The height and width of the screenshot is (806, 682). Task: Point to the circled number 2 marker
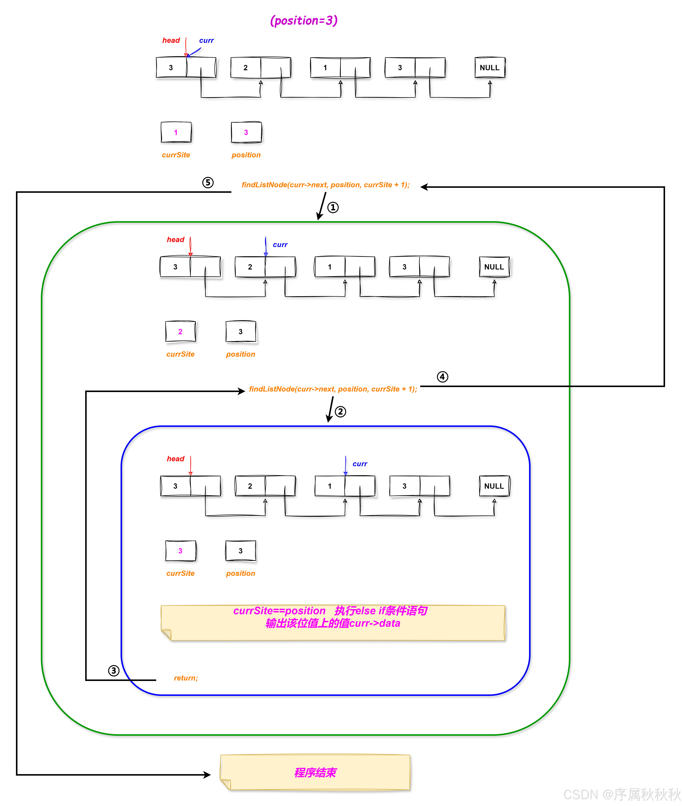340,412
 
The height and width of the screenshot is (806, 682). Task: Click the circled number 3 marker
113,671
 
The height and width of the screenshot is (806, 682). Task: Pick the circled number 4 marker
442,377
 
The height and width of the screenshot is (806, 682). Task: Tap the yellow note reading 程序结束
315,772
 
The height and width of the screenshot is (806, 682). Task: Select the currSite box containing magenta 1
176,132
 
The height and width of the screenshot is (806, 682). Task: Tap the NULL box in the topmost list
490,68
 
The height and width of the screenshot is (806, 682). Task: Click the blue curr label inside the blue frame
360,464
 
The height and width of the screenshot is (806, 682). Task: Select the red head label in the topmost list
171,41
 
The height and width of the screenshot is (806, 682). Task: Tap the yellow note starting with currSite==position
332,622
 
